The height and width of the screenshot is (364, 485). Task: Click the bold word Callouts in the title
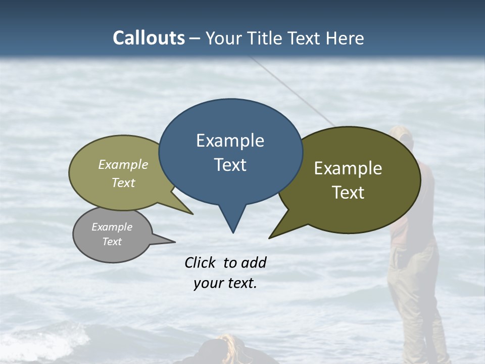click(x=149, y=38)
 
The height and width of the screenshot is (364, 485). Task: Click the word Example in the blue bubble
click(x=230, y=141)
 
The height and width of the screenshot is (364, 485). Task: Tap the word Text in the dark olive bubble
click(x=348, y=193)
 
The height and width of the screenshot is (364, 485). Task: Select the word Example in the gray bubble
click(x=112, y=227)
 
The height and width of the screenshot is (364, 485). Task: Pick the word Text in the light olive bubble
click(x=123, y=183)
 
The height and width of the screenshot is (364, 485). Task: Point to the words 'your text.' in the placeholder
click(x=225, y=283)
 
